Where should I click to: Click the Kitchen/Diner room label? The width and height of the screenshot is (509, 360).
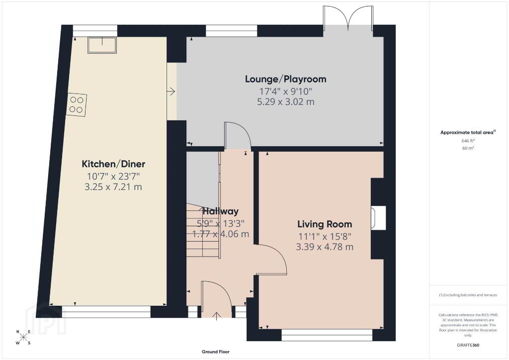113,164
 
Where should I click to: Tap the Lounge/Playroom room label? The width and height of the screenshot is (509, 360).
286,79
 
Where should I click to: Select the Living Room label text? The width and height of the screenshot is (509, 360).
325,224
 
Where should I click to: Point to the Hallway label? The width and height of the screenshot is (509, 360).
221,211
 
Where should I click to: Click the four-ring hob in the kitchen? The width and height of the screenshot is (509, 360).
77,104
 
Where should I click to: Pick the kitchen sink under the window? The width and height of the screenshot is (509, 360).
102,45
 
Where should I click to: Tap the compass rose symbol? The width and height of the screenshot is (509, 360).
23,337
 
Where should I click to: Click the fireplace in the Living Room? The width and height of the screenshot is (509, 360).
378,218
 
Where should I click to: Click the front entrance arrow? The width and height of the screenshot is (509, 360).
217,316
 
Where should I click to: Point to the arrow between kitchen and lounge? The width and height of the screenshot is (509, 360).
171,91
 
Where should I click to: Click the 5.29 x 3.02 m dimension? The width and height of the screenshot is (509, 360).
286,102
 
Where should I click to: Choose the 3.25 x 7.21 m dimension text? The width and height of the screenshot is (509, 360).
113,187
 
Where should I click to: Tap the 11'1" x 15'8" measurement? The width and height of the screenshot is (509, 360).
325,236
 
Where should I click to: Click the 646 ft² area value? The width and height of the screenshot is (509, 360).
468,141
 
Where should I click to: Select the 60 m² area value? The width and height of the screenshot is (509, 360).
468,148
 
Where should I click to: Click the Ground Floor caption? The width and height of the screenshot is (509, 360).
216,352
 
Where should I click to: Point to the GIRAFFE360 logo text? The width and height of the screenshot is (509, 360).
468,345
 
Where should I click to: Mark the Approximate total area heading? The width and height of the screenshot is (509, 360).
468,132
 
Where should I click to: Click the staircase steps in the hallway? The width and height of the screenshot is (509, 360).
203,231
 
